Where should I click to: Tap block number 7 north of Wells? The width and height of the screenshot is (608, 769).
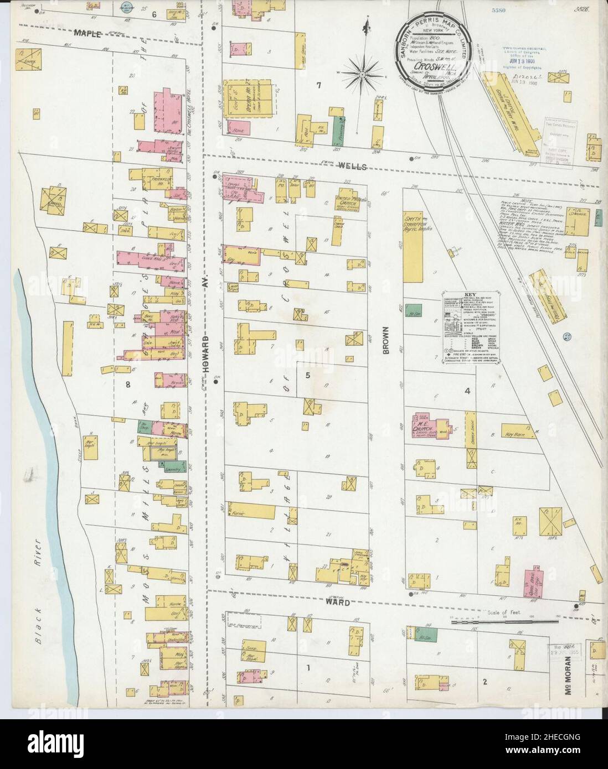click(318, 85)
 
